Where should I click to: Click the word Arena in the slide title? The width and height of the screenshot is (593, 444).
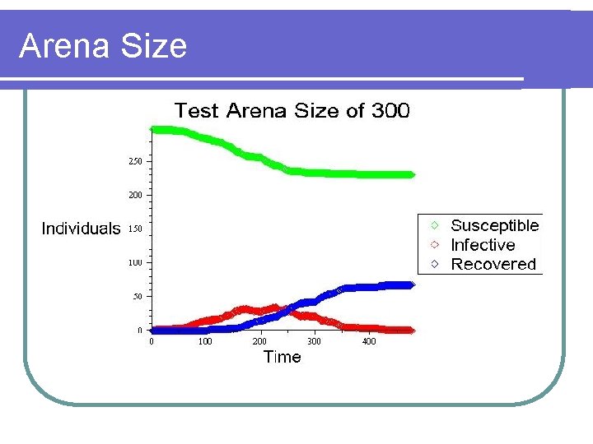(66, 46)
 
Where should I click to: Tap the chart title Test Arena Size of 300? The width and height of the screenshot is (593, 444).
(291, 111)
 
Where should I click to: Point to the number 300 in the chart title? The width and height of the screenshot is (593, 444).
(390, 111)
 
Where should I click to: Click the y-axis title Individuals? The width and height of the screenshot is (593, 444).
(81, 229)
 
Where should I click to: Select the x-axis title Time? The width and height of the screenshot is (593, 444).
(282, 357)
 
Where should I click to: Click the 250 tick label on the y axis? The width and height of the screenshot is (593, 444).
(134, 161)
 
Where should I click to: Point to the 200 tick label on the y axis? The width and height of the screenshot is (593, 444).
(134, 195)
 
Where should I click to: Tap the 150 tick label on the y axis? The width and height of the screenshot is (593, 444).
(134, 229)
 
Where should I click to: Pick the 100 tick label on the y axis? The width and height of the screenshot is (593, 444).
(134, 262)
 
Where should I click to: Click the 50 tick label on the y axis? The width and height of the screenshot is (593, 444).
(137, 296)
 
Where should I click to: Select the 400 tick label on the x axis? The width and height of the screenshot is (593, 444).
(368, 341)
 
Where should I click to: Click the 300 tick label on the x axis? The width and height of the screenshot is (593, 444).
(314, 341)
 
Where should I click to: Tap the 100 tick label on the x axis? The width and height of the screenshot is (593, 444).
(204, 341)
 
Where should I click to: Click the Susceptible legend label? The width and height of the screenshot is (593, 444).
(494, 225)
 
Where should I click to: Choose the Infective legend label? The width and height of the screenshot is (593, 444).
(483, 245)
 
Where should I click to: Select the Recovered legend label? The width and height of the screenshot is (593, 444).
(493, 264)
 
